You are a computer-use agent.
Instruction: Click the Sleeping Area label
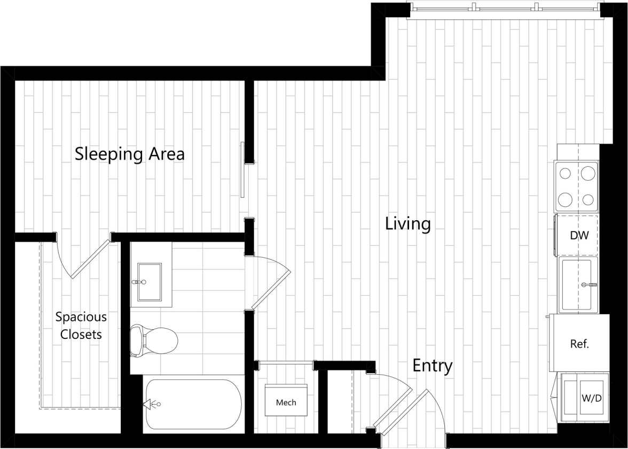click(x=130, y=154)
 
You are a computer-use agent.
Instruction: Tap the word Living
click(x=408, y=223)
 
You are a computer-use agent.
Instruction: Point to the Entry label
click(x=432, y=366)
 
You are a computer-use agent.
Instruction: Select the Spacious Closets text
click(x=81, y=326)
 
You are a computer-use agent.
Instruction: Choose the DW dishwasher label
click(x=579, y=235)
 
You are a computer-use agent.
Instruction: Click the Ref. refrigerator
click(x=579, y=344)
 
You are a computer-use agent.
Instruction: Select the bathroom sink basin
click(x=150, y=282)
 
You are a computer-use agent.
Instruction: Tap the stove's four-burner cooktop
click(x=577, y=187)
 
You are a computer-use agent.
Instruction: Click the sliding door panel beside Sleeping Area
click(x=243, y=169)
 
